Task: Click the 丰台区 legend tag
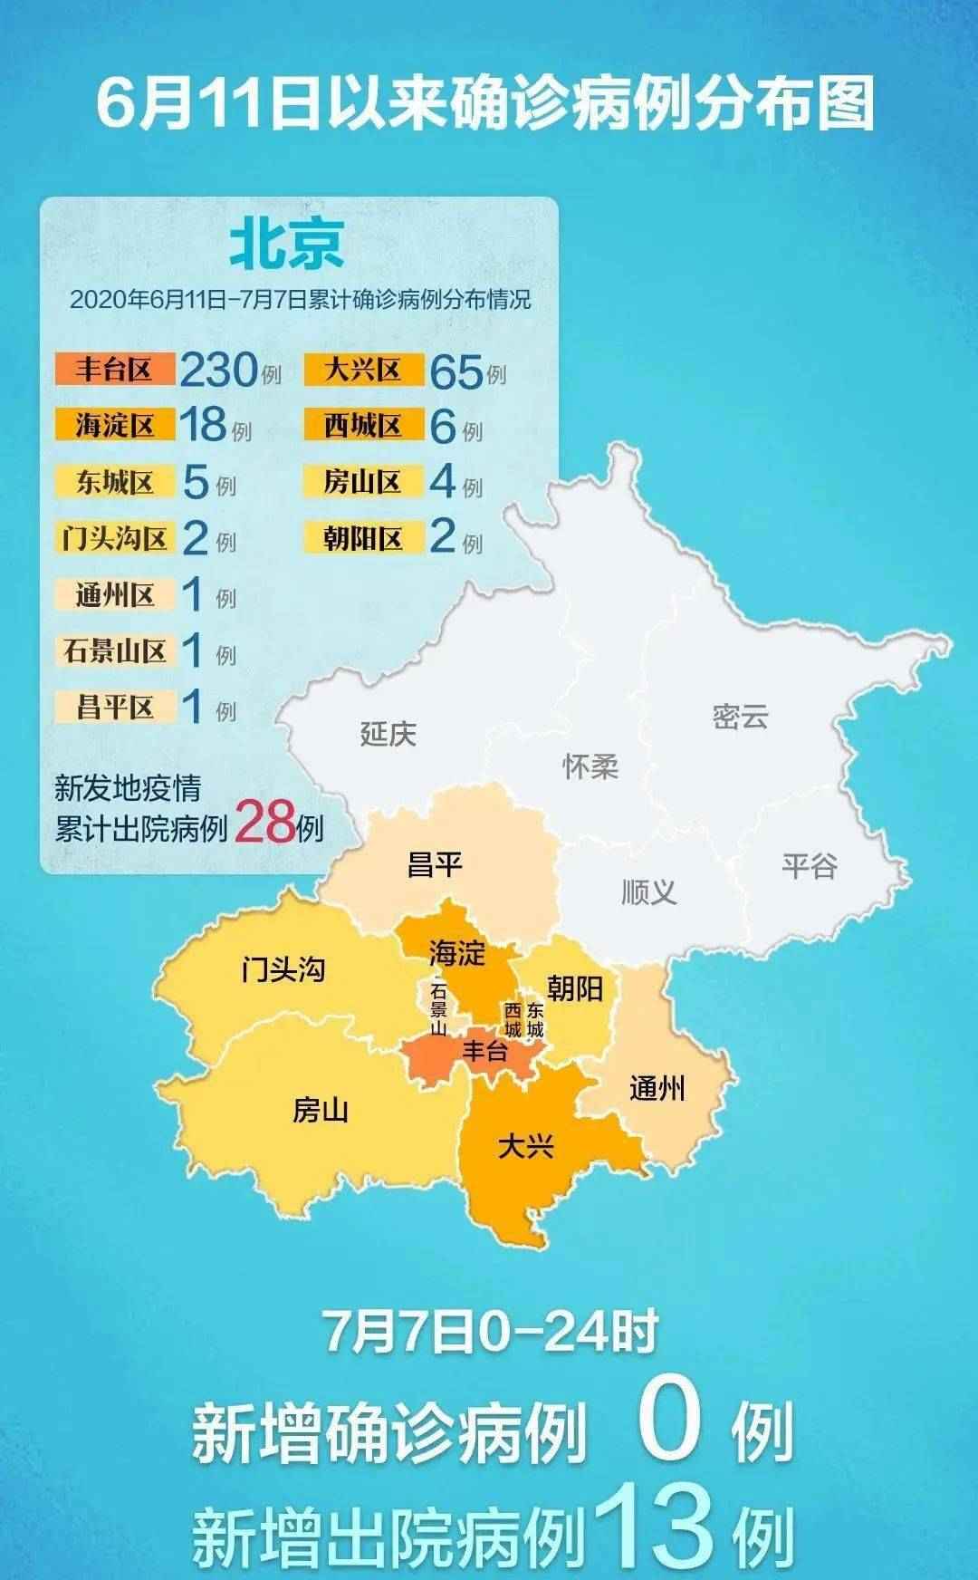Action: pos(114,370)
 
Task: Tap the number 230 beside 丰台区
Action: pos(218,370)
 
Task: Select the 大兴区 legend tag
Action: pos(363,370)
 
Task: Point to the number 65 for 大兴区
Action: pos(455,371)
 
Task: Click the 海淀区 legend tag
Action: pos(114,425)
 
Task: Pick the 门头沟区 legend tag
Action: pos(114,538)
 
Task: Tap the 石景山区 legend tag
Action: pos(114,650)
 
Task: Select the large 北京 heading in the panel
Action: pos(287,245)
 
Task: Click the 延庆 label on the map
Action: pos(388,733)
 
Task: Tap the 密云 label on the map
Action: pos(740,717)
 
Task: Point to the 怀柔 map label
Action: pos(590,766)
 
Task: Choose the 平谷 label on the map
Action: pos(810,866)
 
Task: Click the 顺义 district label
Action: pos(648,892)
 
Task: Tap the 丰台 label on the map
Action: pos(485,1052)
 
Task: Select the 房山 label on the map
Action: pos(321,1110)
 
